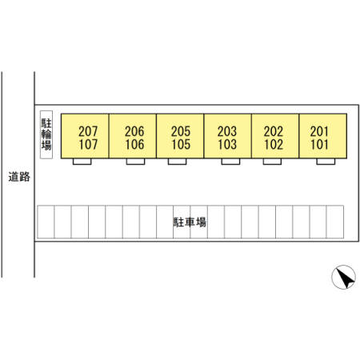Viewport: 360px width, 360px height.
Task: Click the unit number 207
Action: pyautogui.click(x=88, y=131)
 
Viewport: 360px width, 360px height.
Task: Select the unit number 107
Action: pyautogui.click(x=88, y=144)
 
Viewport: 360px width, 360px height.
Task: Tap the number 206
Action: pyautogui.click(x=134, y=131)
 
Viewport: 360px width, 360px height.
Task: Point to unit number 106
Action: pyautogui.click(x=134, y=144)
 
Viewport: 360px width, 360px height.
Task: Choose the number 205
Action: pyautogui.click(x=181, y=131)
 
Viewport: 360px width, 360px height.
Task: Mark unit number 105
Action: pyautogui.click(x=181, y=144)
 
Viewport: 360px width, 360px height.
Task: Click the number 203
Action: pyautogui.click(x=227, y=131)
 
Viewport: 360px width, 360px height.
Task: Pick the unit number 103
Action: pyautogui.click(x=227, y=144)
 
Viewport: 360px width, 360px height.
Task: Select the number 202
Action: pyautogui.click(x=274, y=131)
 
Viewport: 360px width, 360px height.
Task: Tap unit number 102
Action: pyautogui.click(x=274, y=144)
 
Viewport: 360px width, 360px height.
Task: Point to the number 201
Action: pyautogui.click(x=319, y=131)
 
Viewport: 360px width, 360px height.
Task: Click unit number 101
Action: pyautogui.click(x=319, y=144)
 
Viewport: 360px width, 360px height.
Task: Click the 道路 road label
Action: pyautogui.click(x=19, y=177)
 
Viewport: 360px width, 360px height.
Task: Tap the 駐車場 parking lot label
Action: pyautogui.click(x=190, y=222)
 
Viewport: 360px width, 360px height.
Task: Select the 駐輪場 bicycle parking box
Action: pyautogui.click(x=46, y=134)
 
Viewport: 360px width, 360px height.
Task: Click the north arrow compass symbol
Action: pyautogui.click(x=343, y=277)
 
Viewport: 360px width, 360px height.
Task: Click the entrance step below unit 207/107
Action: pyautogui.click(x=82, y=162)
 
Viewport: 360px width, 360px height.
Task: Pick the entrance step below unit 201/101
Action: pyautogui.click(x=326, y=162)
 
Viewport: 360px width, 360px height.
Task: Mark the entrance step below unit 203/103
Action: pyautogui.click(x=230, y=162)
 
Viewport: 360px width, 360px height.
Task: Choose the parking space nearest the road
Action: pyautogui.click(x=46, y=222)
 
